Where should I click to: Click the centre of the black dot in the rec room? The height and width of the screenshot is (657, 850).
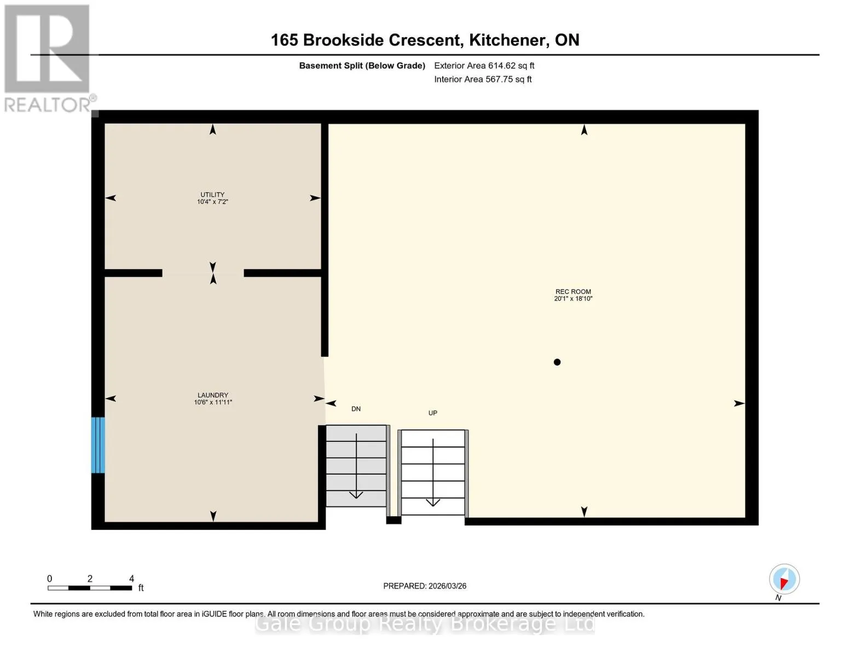tap(557, 362)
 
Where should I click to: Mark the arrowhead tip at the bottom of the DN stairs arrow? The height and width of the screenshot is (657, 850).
tap(356, 498)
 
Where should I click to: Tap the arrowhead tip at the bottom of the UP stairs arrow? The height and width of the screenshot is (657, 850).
tap(432, 505)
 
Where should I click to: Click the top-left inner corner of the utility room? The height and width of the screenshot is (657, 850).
tap(105, 124)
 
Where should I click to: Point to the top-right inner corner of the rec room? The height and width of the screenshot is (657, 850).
tap(745, 124)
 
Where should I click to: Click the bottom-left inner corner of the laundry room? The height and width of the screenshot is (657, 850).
tap(105, 522)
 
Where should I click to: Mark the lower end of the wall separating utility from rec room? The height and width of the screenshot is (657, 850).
tap(325, 356)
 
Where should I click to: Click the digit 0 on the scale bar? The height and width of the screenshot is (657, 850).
tap(50, 578)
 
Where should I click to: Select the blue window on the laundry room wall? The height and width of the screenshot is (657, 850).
tap(98, 445)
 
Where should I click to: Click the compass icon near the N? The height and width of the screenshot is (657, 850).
tap(784, 579)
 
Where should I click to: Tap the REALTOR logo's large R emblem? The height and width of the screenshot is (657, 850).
tap(47, 49)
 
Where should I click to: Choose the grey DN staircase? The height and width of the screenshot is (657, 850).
tap(356, 466)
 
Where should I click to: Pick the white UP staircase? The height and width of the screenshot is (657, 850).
tap(433, 472)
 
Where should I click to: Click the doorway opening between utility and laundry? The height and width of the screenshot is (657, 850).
tap(203, 273)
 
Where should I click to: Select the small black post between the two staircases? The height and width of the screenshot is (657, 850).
tap(394, 520)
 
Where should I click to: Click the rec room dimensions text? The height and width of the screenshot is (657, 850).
tap(573, 298)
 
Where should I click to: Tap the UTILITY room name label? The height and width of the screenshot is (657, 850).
tap(212, 194)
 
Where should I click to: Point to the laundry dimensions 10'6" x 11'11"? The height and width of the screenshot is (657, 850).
tap(213, 402)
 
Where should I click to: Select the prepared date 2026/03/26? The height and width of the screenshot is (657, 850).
tap(447, 586)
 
